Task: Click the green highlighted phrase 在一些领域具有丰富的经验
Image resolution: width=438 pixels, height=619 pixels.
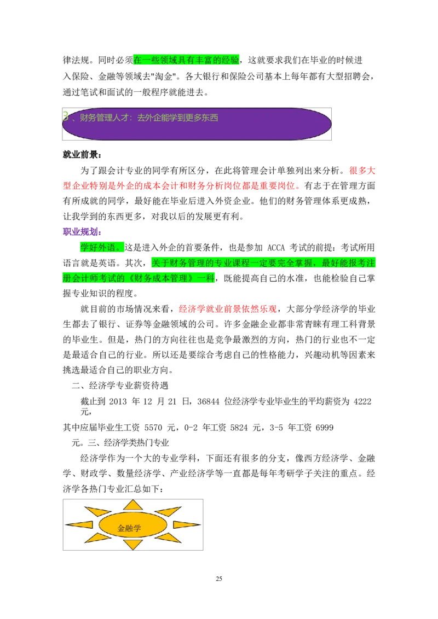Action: (186, 60)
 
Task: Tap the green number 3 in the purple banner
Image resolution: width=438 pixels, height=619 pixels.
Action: (66, 116)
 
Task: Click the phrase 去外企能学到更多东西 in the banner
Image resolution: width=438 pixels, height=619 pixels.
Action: (177, 118)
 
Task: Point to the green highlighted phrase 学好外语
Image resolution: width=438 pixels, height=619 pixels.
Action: (100, 247)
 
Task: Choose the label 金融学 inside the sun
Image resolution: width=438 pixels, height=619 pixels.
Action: (129, 528)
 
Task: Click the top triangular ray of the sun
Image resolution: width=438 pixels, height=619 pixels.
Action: (132, 505)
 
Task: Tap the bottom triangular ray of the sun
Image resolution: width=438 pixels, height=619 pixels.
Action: (132, 545)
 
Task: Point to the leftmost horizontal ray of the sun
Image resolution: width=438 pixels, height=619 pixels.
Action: (80, 524)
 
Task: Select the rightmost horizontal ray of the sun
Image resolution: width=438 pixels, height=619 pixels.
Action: (186, 524)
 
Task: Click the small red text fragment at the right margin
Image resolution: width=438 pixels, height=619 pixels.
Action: (362, 171)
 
